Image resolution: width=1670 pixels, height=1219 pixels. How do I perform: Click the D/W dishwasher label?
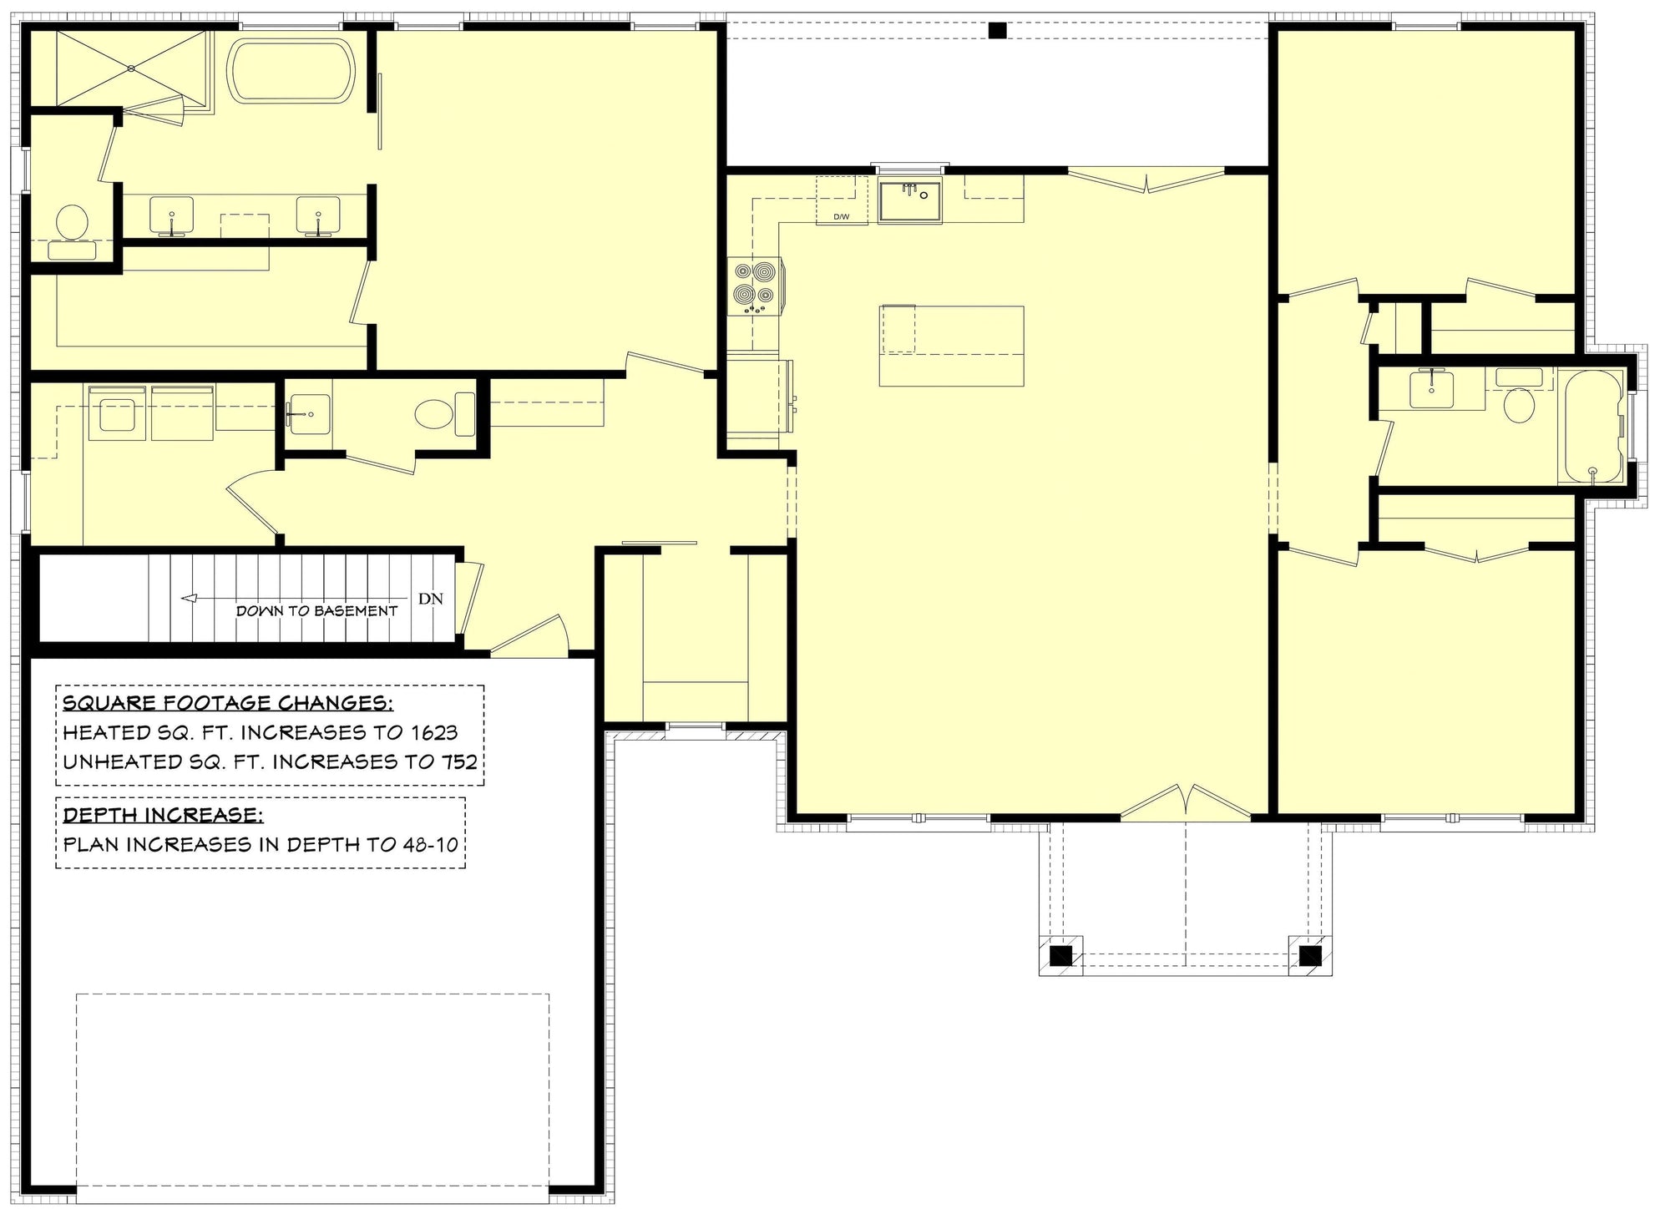[x=841, y=218]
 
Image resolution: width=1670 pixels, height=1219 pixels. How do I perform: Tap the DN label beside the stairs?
[x=431, y=599]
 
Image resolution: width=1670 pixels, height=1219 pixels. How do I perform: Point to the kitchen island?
[x=952, y=346]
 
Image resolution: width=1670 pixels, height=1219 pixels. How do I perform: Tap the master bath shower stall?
[x=131, y=69]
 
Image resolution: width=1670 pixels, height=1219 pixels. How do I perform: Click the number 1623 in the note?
[x=434, y=732]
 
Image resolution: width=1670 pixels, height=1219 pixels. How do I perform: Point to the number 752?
[x=460, y=761]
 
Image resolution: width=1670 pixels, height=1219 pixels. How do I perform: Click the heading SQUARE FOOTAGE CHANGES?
[x=228, y=702]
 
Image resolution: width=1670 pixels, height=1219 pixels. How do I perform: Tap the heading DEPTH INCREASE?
[x=158, y=814]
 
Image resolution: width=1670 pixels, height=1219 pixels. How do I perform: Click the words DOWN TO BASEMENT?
[x=317, y=611]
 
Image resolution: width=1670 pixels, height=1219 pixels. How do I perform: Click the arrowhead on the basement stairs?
[x=189, y=598]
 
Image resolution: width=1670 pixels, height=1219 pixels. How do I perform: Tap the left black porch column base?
[x=1060, y=954]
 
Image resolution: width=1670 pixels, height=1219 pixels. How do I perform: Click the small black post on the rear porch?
[x=997, y=31]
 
